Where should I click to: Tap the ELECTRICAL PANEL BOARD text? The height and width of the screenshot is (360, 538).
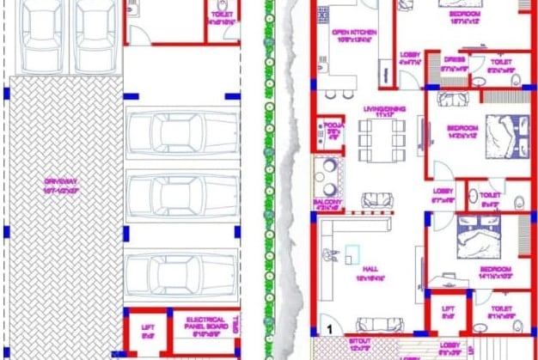pos(205,323)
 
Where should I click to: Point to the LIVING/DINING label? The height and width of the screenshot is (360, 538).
pos(378,112)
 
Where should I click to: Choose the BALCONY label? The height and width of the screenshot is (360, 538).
pos(327,204)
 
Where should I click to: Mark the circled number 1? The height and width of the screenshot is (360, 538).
pos(327,328)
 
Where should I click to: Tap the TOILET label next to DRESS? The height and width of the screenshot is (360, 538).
pos(500,65)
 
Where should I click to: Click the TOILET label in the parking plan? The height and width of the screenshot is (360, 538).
pos(221,17)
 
